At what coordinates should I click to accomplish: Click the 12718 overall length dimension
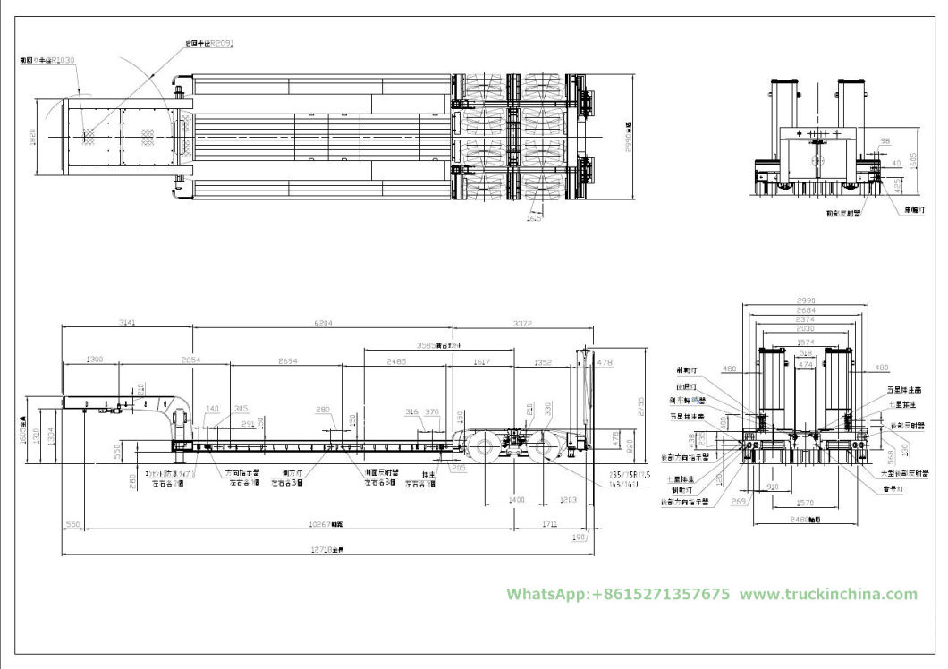tap(332, 550)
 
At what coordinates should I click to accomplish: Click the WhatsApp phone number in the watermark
tap(618, 594)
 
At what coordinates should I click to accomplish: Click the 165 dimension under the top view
tap(535, 216)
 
